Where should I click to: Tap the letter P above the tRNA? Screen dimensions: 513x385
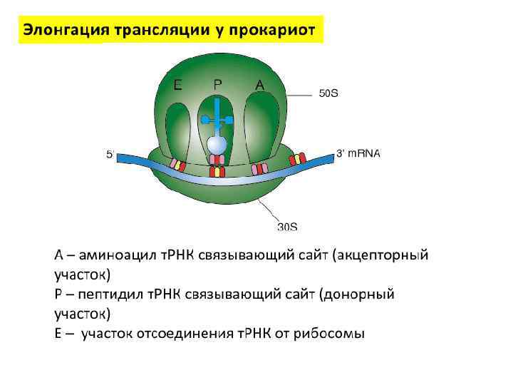pos(217,83)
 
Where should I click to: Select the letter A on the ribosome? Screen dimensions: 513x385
pos(259,85)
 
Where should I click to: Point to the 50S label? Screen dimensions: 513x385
pos(328,93)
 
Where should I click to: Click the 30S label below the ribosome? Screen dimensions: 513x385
pos(287,227)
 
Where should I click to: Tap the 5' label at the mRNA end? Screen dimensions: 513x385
pos(110,153)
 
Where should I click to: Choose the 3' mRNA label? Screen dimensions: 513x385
pos(358,153)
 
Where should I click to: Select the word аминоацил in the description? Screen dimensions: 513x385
pos(117,255)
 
